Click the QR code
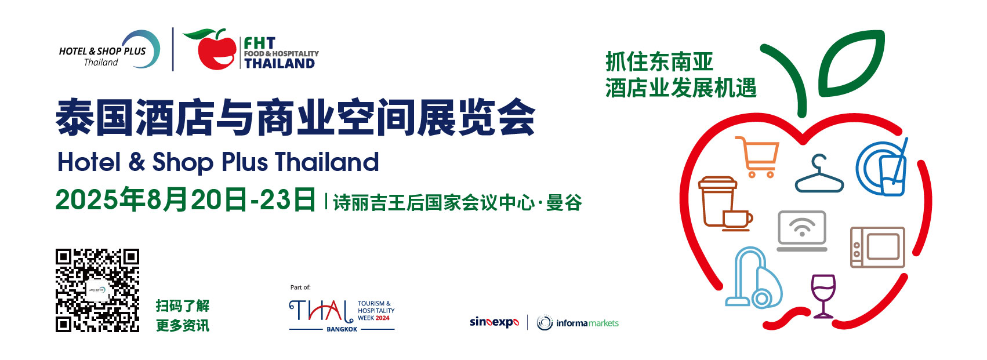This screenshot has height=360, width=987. click(x=97, y=290)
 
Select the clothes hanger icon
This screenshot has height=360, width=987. click(x=819, y=173)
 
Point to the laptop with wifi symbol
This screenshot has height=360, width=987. click(x=801, y=231)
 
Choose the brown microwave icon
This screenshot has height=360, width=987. click(x=877, y=247)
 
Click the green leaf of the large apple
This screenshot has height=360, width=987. click(x=851, y=63)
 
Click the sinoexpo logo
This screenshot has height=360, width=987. click(x=495, y=322)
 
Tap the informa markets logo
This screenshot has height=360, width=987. click(x=578, y=323)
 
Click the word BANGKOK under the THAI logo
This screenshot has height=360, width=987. click(x=342, y=329)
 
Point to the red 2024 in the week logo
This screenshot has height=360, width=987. click(x=383, y=318)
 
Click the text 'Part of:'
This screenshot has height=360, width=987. click(x=300, y=288)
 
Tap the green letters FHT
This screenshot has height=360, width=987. click(x=260, y=43)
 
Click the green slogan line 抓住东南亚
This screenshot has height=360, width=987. click(x=659, y=61)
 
